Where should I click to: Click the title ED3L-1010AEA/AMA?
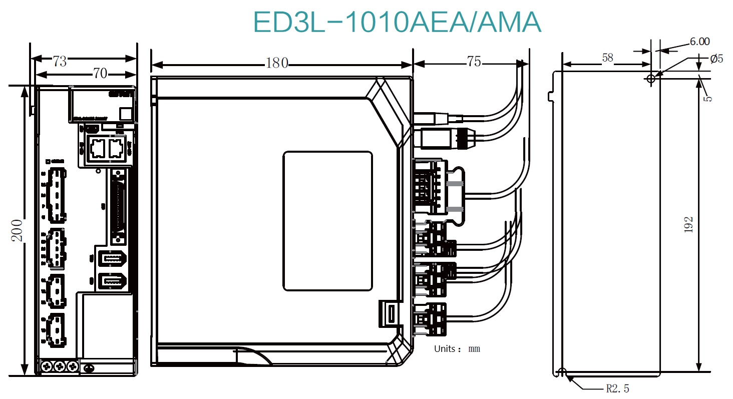point(397,23)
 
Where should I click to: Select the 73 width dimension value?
point(60,62)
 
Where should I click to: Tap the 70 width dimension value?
point(100,74)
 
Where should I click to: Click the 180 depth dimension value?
point(277,63)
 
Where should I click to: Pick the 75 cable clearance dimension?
point(474,62)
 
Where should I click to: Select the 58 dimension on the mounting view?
point(607,58)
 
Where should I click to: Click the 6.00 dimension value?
point(699,42)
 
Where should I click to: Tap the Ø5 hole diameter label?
point(716,59)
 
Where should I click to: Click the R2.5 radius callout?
point(617,388)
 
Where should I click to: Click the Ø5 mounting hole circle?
point(651,79)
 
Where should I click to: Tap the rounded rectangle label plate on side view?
point(327,221)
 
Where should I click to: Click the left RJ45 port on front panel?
point(97,147)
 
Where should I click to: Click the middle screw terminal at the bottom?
point(60,366)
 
